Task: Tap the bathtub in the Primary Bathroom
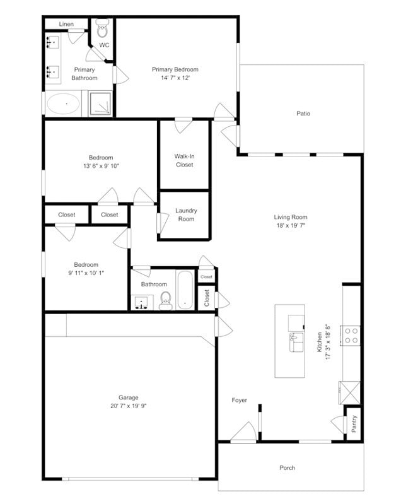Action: pos(63,103)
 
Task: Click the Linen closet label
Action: pos(66,24)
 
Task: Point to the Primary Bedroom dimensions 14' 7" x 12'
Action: pos(175,78)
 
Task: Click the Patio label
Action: pos(303,114)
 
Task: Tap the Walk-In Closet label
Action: pos(184,160)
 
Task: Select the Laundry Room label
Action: pos(186,215)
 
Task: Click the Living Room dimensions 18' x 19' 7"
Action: pos(291,225)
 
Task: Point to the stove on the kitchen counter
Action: pos(350,335)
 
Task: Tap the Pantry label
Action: pos(354,423)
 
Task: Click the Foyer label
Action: pos(239,400)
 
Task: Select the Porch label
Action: pos(288,467)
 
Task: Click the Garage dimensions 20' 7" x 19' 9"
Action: pos(129,406)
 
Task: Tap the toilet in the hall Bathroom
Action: pos(166,300)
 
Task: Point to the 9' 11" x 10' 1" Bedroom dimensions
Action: pos(86,273)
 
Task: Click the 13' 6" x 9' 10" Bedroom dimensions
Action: pos(101,165)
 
